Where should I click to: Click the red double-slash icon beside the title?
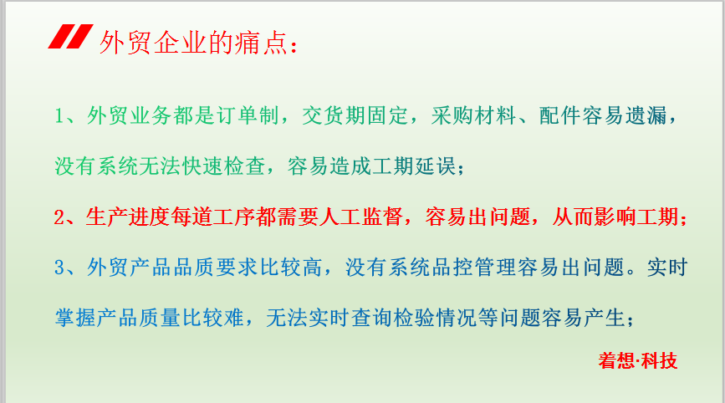71,37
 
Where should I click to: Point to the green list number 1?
59,115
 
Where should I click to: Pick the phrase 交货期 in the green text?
334,115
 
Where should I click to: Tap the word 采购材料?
473,115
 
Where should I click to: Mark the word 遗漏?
646,115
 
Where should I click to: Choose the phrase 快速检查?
224,166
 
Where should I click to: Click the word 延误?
436,166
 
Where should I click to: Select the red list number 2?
59,217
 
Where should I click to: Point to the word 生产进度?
128,217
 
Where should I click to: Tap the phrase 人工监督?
360,217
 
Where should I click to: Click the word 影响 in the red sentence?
615,217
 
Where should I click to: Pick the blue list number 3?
59,268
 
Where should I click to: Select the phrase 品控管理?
474,267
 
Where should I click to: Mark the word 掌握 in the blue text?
75,318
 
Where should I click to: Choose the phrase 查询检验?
393,318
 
